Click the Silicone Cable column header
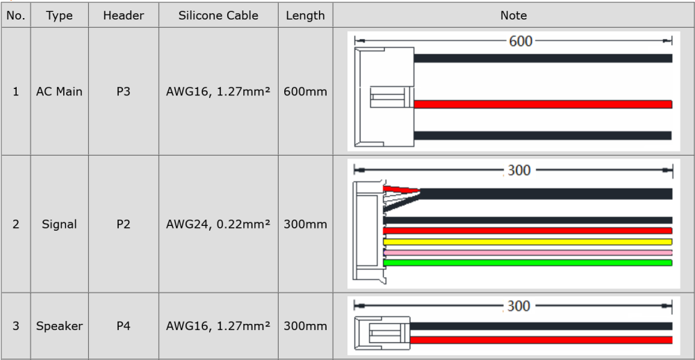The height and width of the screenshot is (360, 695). pos(218,15)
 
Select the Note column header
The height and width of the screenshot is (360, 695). pos(514,15)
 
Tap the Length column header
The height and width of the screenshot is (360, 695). pos(305,15)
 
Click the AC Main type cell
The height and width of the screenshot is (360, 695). pos(59,92)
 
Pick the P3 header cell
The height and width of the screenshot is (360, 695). pos(123,92)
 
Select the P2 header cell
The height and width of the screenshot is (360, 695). pos(123,224)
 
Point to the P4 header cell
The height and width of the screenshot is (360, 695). pos(123,326)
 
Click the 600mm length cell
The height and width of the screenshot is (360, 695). pos(305,92)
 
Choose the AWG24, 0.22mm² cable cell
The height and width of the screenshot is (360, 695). pos(218,224)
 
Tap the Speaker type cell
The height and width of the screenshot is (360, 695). pos(59,327)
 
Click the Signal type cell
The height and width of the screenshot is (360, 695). pos(59,224)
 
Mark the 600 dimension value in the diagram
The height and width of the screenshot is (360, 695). pos(521,41)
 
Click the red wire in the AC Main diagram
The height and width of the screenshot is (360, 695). pos(543,104)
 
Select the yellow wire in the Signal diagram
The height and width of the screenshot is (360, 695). pos(528,242)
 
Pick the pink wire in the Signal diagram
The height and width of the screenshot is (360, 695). pos(528,253)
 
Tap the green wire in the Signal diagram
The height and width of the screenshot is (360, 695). pos(528,263)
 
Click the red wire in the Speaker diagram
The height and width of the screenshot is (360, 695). pos(541,340)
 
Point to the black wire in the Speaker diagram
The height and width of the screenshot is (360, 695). pos(541,327)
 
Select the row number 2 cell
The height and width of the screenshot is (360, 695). pos(16,224)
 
